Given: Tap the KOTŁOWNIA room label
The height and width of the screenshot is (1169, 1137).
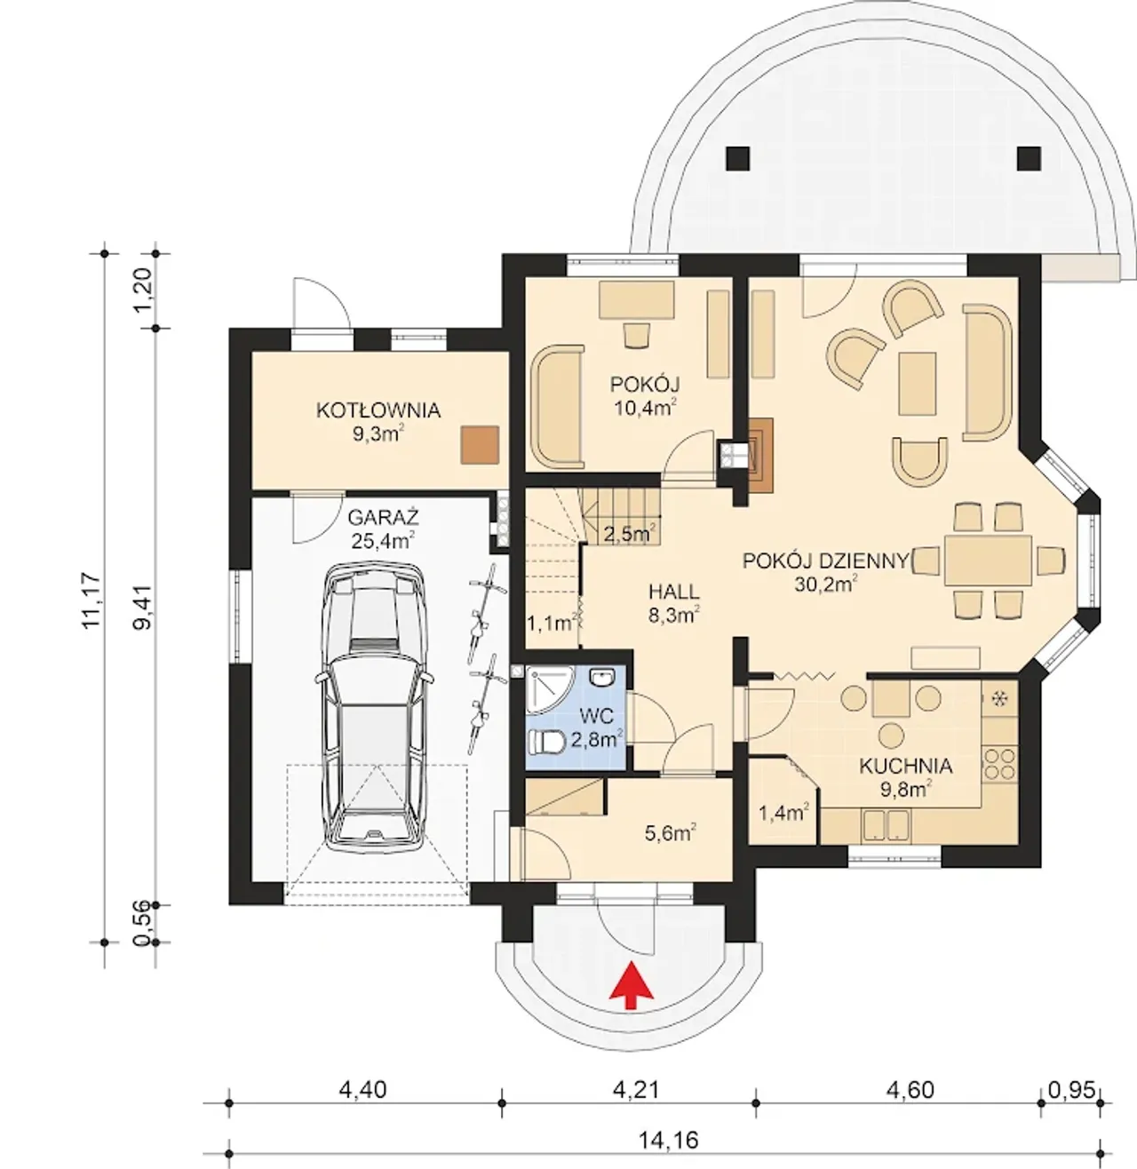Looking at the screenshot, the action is [x=378, y=410].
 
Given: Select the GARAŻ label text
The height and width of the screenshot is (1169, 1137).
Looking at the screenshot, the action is [x=383, y=517].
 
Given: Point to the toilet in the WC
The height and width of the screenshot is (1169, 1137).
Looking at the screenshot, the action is [x=545, y=742].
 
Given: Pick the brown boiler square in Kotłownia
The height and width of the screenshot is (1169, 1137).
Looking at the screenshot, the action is [x=480, y=444].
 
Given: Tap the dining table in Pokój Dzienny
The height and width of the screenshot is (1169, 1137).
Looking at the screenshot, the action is [x=988, y=560].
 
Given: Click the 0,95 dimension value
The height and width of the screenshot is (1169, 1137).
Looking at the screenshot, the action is [x=1071, y=1089].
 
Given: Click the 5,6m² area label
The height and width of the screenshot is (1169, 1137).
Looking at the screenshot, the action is [x=671, y=834].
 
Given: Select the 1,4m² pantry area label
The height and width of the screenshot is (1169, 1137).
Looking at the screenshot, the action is [x=783, y=813].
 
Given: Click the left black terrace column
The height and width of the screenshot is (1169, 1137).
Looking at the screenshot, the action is [x=738, y=159].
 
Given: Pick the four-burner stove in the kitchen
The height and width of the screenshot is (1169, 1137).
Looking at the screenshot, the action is [x=999, y=763].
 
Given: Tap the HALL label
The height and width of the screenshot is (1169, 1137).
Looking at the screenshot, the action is [x=674, y=592].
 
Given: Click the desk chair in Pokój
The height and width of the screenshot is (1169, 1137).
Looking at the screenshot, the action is [x=637, y=335].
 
